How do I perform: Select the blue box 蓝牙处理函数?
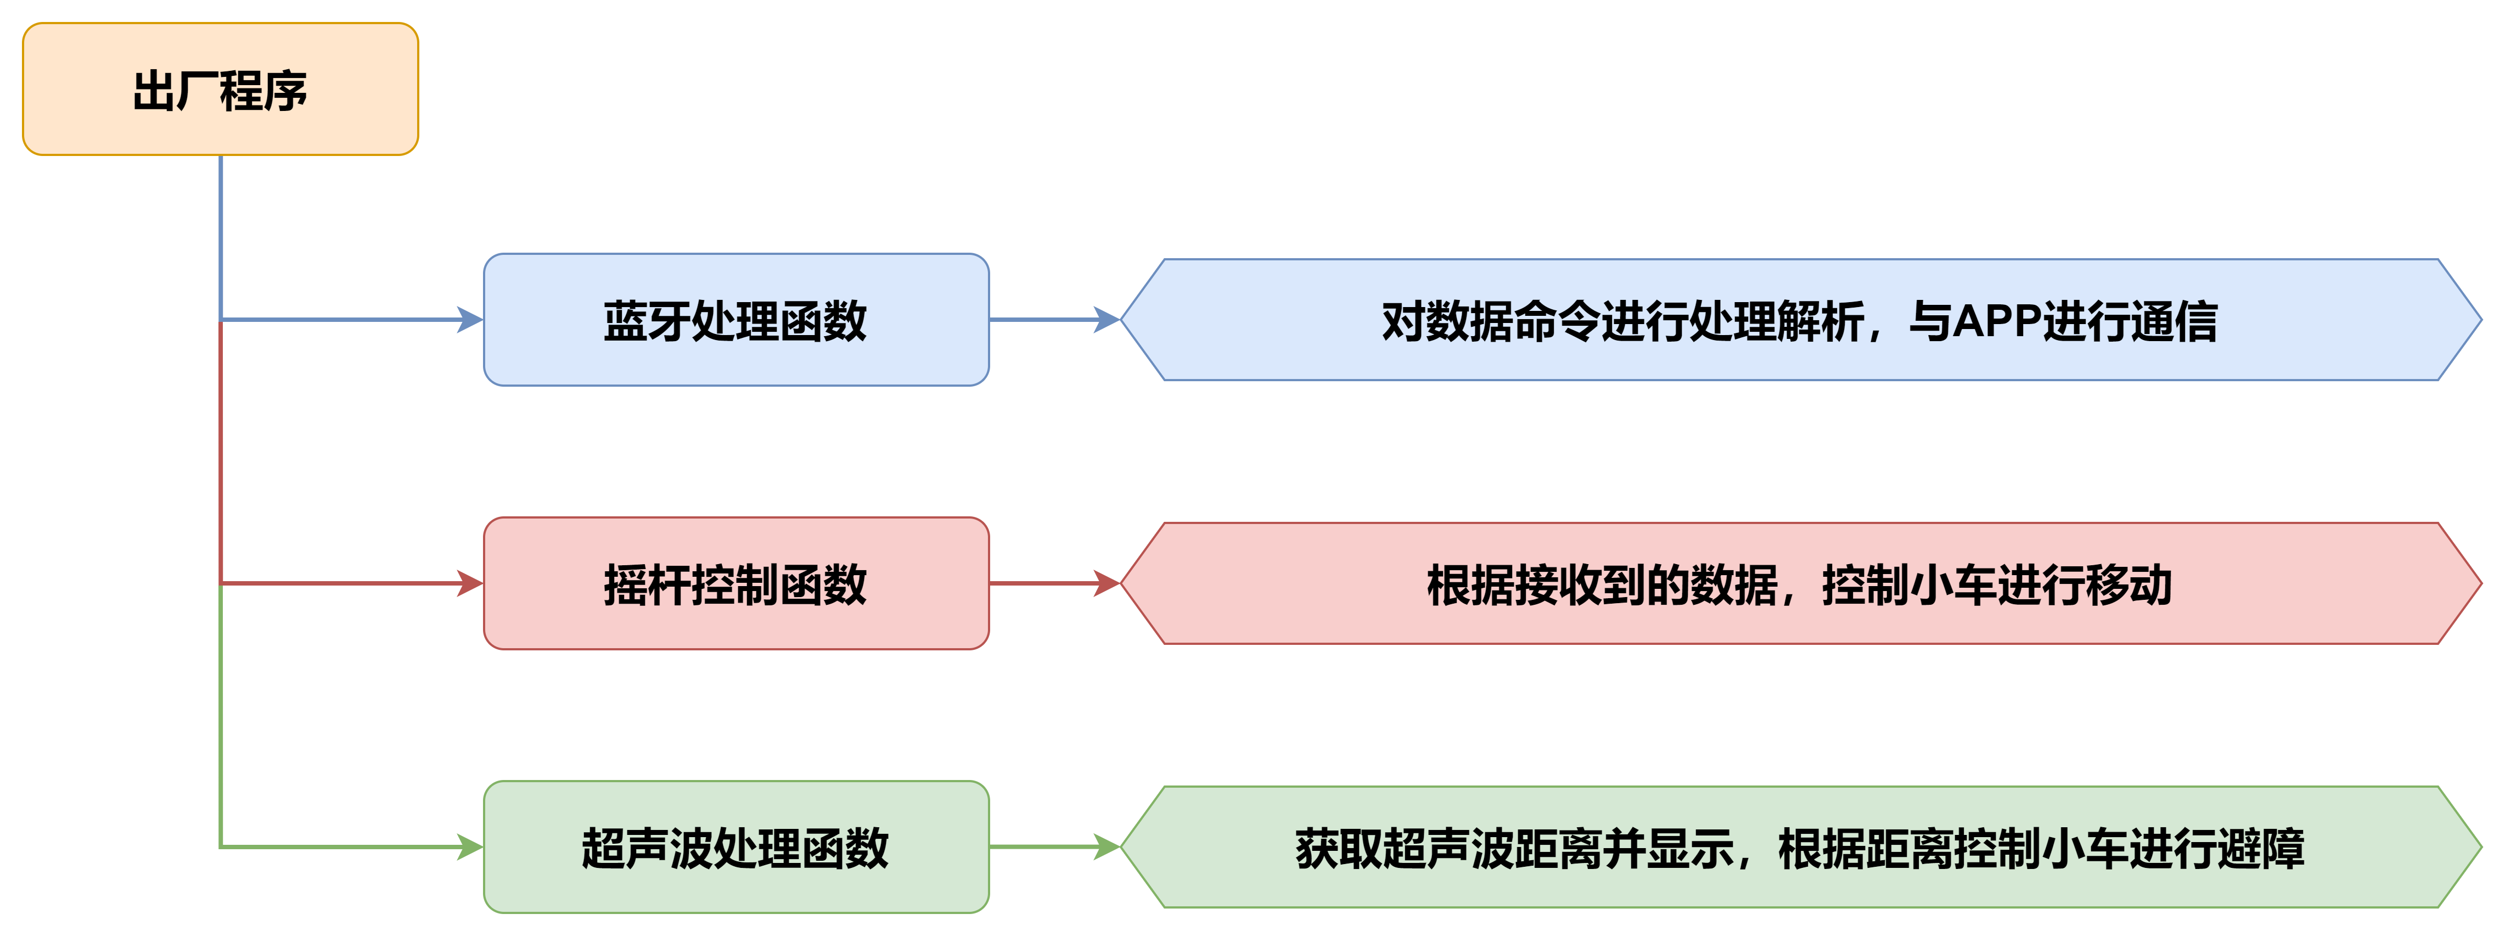(x=736, y=320)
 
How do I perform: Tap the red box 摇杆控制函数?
(x=736, y=584)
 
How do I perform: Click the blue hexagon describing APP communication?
(x=1800, y=320)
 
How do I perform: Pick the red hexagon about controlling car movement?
(x=1800, y=584)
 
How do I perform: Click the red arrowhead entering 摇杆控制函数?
(x=471, y=584)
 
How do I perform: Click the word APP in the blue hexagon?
(x=1996, y=321)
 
